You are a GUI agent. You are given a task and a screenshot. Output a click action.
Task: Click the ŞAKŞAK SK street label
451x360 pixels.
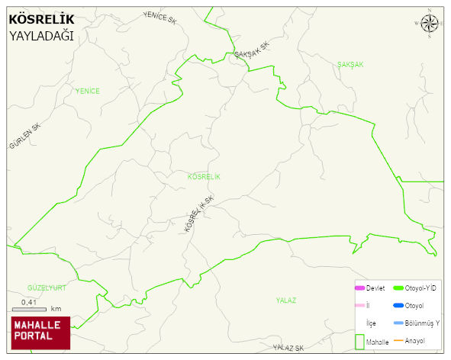tap(252, 51)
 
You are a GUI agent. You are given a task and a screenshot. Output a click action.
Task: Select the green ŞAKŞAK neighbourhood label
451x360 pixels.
tap(350, 65)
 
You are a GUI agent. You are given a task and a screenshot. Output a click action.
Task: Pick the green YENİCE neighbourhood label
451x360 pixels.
tap(87, 92)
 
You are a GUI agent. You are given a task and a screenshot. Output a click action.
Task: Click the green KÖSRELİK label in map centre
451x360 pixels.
tap(203, 177)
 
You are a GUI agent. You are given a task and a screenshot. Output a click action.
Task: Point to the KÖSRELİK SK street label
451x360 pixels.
tap(199, 214)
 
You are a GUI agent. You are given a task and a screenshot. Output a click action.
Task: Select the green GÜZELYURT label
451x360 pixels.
tap(47, 288)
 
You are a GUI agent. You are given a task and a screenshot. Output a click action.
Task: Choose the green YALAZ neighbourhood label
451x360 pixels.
tap(285, 301)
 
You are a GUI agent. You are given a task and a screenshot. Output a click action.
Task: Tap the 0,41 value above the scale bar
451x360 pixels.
tap(30, 303)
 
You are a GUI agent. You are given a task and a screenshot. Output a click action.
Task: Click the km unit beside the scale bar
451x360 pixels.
tap(56, 310)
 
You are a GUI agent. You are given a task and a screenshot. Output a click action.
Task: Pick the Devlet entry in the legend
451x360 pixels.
tap(375, 288)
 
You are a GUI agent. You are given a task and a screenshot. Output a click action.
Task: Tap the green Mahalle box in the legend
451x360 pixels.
tap(360, 342)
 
